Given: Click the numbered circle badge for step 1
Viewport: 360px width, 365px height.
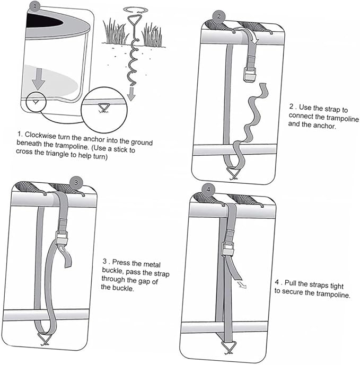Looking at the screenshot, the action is click(x=34, y=6).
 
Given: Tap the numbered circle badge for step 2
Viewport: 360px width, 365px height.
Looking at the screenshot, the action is click(x=219, y=16).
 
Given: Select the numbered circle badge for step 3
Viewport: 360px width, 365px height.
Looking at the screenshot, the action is click(x=76, y=183).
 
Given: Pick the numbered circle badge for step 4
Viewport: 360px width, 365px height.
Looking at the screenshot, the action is click(x=208, y=190).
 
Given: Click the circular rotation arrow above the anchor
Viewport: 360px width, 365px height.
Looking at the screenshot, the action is click(x=135, y=10).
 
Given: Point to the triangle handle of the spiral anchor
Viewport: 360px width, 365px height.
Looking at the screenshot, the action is click(x=136, y=21).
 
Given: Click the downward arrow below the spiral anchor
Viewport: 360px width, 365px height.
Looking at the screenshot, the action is click(x=131, y=94).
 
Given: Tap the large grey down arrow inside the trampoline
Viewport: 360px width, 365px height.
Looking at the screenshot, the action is click(x=38, y=79).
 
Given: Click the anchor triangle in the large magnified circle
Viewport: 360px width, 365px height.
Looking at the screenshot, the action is click(x=103, y=108).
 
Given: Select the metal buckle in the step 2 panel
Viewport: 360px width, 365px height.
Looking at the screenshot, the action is click(x=250, y=74).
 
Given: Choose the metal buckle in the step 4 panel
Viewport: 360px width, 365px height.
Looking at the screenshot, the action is click(x=228, y=249).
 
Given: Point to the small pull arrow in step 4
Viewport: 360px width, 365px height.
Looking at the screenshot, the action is click(x=242, y=285).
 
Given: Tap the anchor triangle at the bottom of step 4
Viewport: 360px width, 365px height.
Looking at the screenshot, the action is click(x=229, y=346).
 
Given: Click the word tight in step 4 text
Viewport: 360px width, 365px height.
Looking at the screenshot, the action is click(x=336, y=286).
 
